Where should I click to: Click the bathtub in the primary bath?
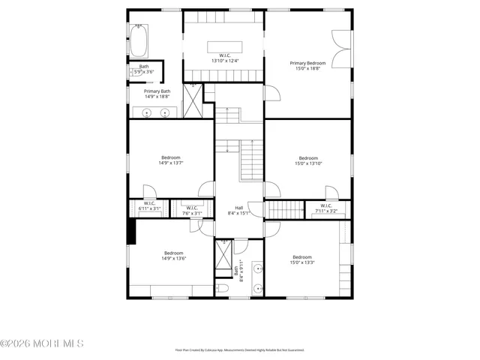tap(139, 40)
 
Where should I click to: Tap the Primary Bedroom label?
tap(308, 66)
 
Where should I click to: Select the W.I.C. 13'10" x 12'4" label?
tap(225, 58)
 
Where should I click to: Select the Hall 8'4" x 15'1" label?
tap(238, 211)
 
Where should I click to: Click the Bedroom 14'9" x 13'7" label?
tap(170, 160)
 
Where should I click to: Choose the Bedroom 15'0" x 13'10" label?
tap(308, 160)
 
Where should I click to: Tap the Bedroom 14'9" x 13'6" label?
tap(173, 256)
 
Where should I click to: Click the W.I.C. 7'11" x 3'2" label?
tap(325, 208)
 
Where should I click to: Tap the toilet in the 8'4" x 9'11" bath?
tap(223, 289)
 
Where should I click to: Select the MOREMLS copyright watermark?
tap(43, 343)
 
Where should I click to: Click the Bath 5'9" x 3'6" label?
tap(143, 69)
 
